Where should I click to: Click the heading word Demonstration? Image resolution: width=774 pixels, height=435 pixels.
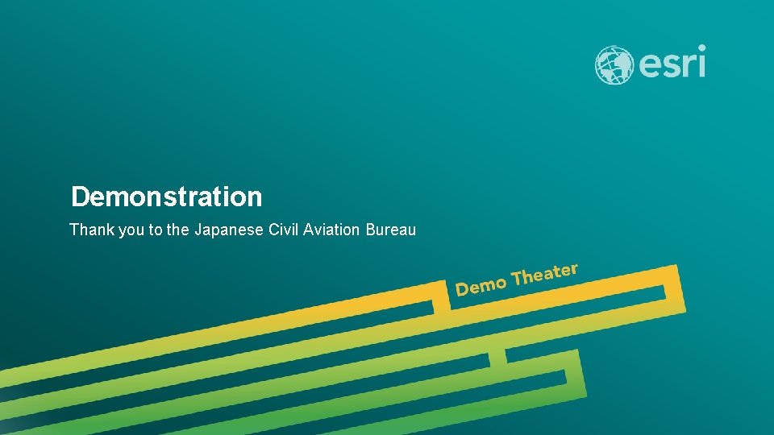(167, 197)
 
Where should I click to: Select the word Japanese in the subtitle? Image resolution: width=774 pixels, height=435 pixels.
(229, 230)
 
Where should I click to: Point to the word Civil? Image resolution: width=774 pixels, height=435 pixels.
(283, 230)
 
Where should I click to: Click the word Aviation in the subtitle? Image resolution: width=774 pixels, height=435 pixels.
(332, 230)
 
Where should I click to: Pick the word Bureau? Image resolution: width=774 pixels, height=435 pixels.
(391, 230)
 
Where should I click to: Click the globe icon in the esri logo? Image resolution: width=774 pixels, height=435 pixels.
(614, 65)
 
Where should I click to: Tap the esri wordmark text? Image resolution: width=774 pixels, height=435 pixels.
(672, 63)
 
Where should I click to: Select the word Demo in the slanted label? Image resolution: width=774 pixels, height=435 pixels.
(481, 285)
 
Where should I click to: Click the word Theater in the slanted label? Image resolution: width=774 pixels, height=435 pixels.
(545, 275)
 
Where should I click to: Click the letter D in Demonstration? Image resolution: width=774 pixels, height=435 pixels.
(80, 197)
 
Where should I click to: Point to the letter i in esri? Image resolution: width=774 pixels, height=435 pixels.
(701, 61)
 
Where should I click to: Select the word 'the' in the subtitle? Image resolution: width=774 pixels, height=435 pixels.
(177, 230)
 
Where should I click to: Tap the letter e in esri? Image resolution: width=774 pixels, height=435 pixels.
(649, 65)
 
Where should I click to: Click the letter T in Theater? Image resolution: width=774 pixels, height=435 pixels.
(518, 279)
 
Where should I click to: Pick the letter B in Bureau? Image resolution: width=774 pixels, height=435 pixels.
(371, 230)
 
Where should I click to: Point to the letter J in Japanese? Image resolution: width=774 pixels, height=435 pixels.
(198, 230)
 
